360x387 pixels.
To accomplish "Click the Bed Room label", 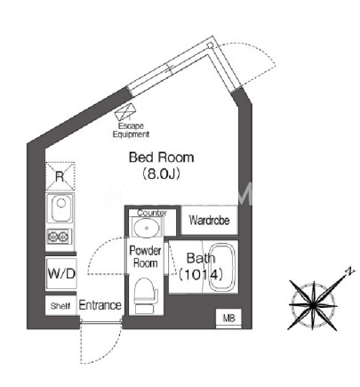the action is coord(162,157).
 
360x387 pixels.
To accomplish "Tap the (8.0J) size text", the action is coord(162,174).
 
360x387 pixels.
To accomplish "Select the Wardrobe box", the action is coord(209,221).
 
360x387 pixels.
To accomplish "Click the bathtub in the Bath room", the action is coord(222,267).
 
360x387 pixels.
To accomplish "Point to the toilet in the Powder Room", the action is coord(146,295).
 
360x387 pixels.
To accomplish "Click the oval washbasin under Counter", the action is coord(147,228).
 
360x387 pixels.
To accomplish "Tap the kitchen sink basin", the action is coord(61,208).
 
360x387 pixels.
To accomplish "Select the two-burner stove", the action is coord(59,237).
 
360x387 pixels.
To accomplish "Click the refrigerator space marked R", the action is coord(60,176).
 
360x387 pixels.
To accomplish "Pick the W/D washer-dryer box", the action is coord(61,273).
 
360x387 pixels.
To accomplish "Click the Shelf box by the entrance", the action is coord(60,305).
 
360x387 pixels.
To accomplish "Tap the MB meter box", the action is coord(228,318).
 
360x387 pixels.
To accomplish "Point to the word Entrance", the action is coord(100,305).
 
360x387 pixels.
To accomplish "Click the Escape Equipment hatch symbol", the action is coord(126,111).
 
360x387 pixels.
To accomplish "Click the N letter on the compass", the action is coord(350,271).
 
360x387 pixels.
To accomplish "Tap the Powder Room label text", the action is coord(145,257).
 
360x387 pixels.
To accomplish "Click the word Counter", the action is coord(152,213).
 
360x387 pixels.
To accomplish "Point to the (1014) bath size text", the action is coord(201,275).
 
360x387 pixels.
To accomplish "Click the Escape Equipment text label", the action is coord(131,130).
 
